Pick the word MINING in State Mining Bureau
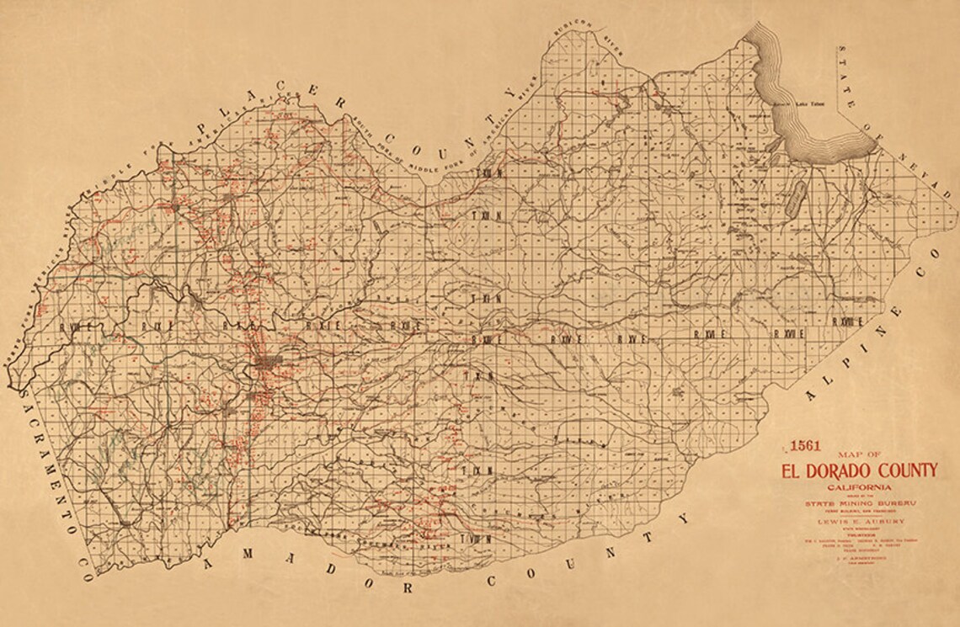pos(867,503)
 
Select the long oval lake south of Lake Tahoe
pos(793,200)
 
